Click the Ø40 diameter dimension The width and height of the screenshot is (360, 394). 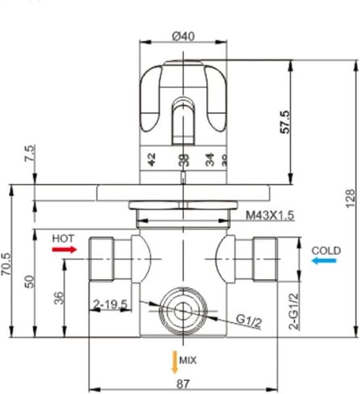(183, 36)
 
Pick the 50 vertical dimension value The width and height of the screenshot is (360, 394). (29, 281)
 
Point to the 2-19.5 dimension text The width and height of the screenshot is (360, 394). (111, 304)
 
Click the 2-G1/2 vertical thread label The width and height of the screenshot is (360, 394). (294, 313)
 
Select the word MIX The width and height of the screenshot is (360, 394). (188, 359)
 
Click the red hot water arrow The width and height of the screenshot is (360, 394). (63, 250)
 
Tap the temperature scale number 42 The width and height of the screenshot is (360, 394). (151, 157)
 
